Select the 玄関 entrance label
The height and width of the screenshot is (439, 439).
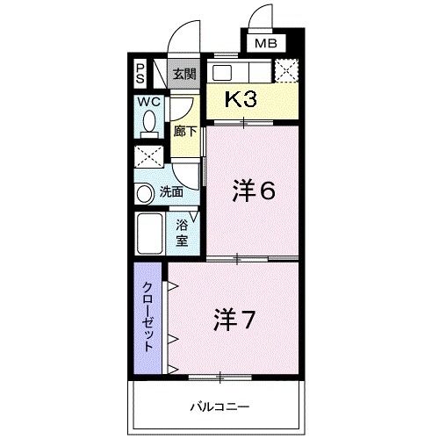pos(183,74)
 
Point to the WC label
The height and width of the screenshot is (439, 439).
pos(148,102)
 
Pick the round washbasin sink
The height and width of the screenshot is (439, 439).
pos(145,192)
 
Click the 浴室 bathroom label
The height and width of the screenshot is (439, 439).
pos(182,232)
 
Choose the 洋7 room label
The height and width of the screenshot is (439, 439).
pos(234,320)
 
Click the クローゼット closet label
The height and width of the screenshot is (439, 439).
pos(149,316)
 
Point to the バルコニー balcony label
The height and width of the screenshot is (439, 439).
pos(220,407)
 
